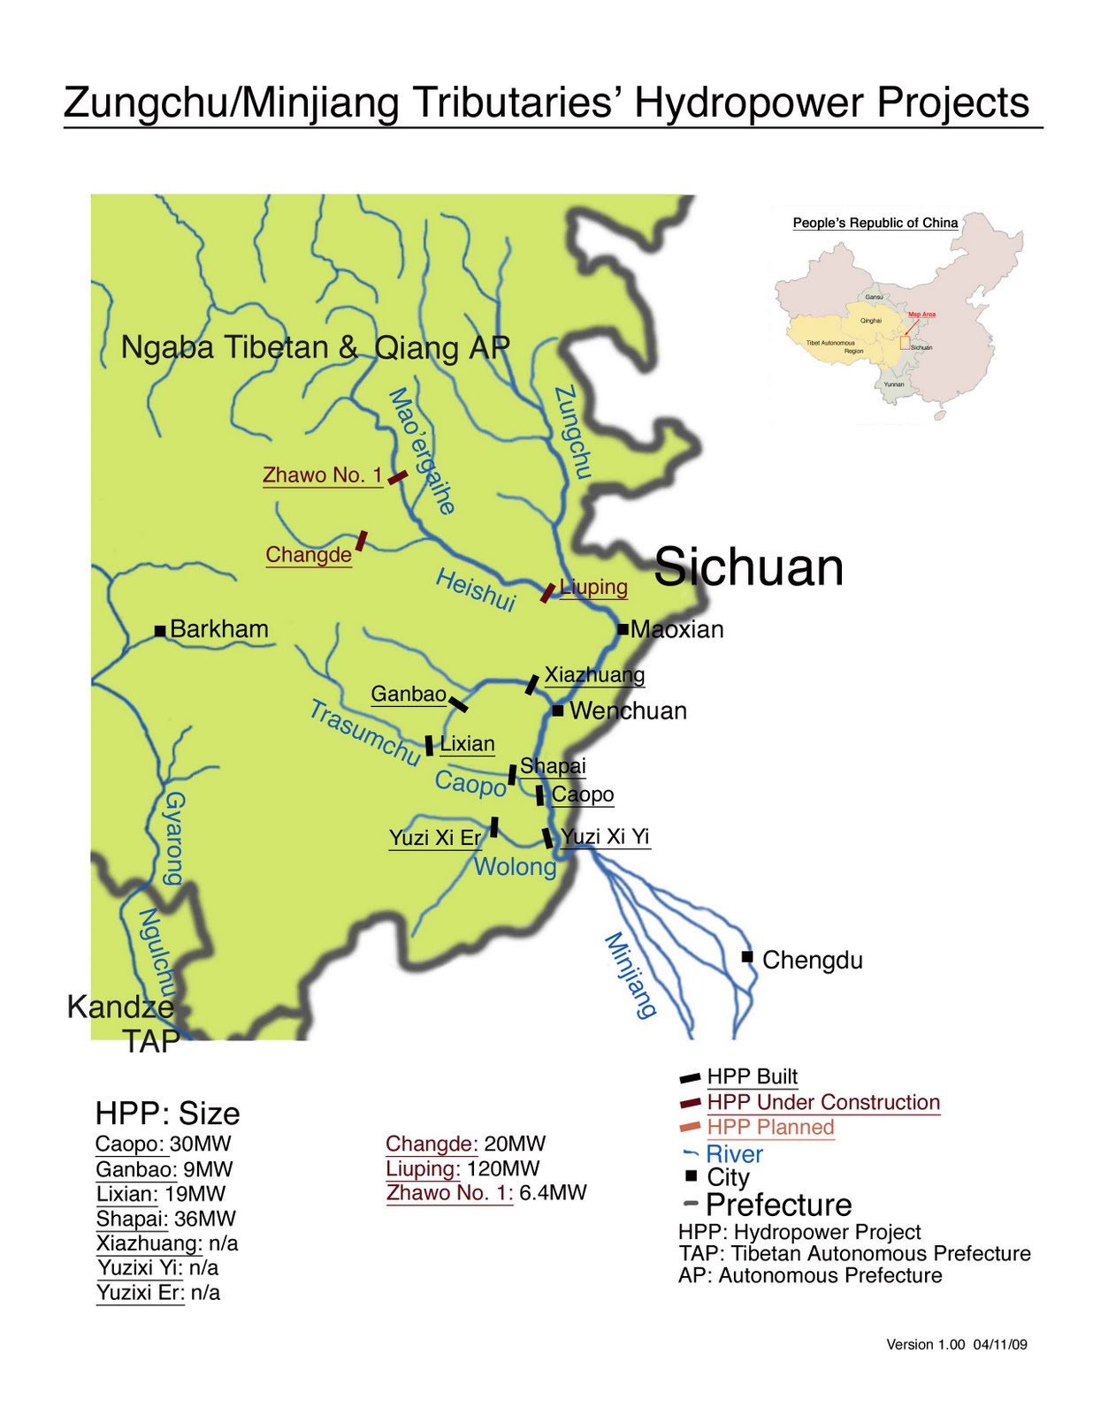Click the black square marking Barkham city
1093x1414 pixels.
tap(160, 630)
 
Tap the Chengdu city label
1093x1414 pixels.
tap(812, 960)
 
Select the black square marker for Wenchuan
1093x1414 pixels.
tap(558, 711)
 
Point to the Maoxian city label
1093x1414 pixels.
tap(676, 629)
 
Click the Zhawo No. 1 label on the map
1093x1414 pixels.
tap(322, 475)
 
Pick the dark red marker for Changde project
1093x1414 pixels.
tap(361, 541)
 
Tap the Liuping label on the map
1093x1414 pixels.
tap(594, 587)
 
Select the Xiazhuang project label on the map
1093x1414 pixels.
tap(594, 675)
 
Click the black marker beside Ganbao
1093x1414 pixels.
tap(458, 704)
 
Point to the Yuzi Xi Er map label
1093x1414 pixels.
tap(435, 838)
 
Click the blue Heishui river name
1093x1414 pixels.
tap(476, 590)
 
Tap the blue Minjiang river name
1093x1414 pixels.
tap(631, 976)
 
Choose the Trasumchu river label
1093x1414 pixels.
tap(364, 733)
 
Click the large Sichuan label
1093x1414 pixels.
tap(748, 566)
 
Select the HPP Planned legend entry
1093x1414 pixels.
tap(770, 1127)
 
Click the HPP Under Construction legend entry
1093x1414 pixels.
tap(822, 1102)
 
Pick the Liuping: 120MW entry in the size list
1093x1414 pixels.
tap(462, 1168)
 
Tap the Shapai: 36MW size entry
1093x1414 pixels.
tap(166, 1219)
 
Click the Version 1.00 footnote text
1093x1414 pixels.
tap(956, 1344)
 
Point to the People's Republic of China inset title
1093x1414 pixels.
tap(875, 223)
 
